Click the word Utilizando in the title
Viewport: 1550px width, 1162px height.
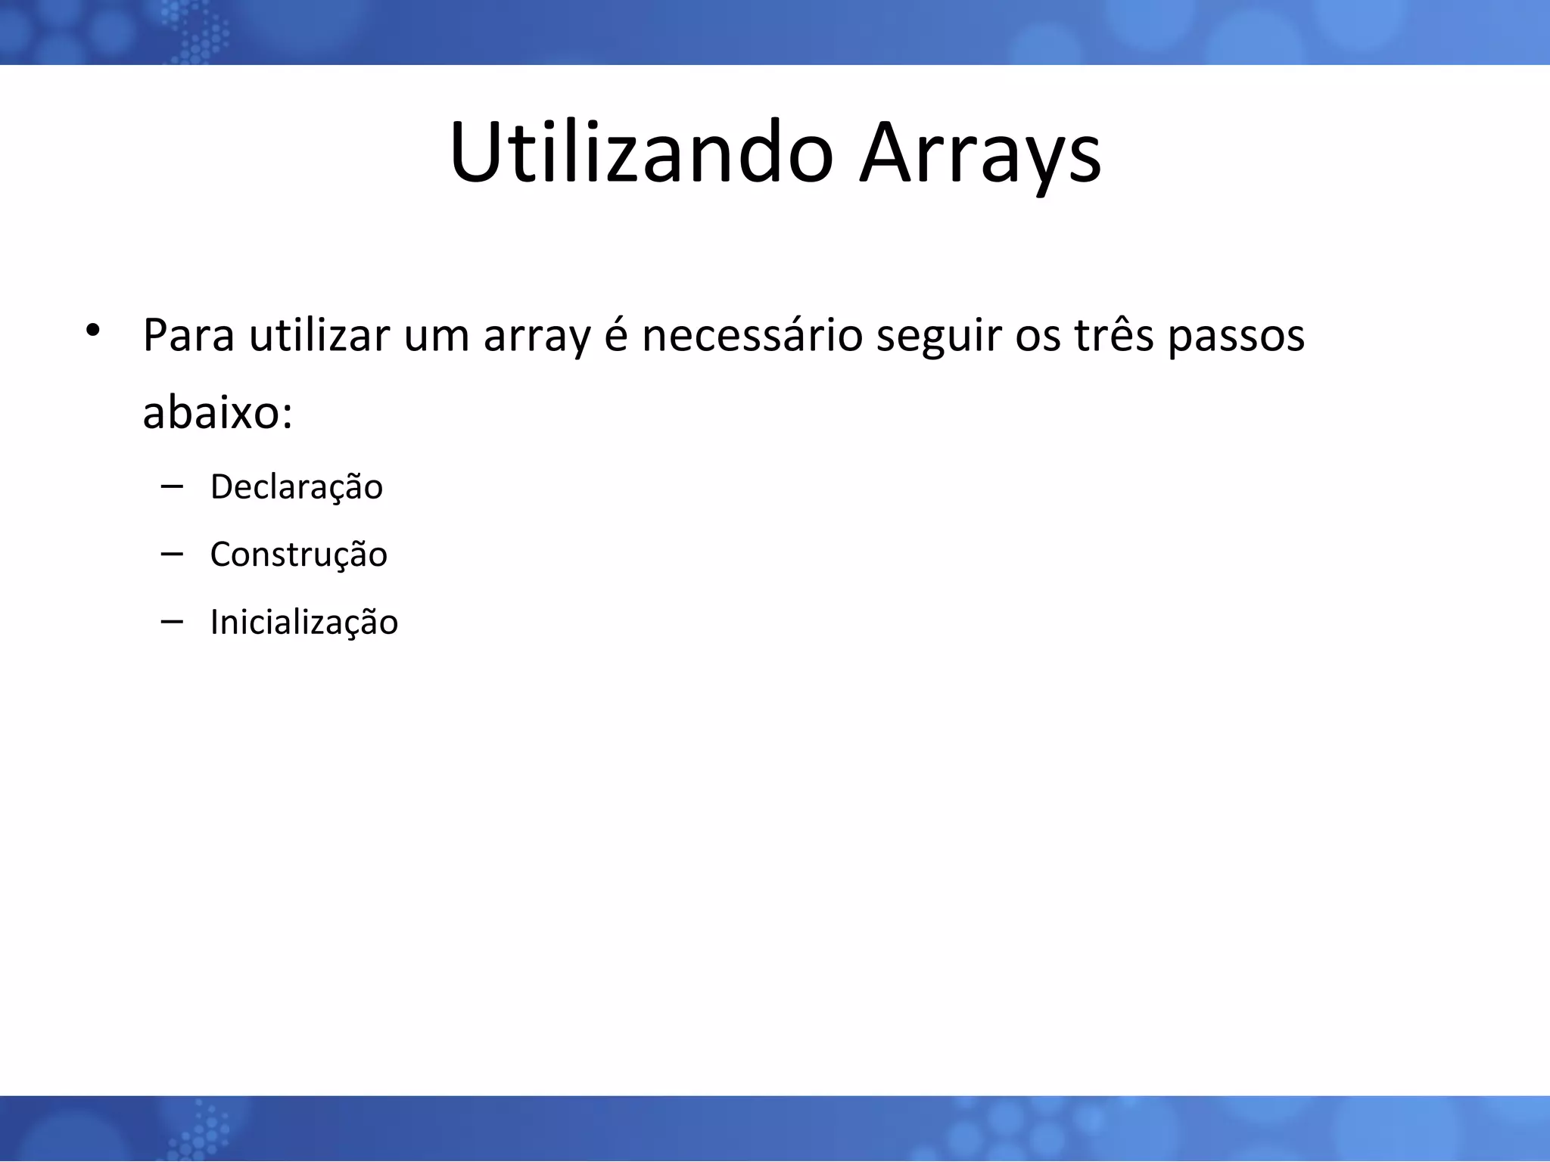(641, 153)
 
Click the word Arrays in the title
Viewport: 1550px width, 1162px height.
(980, 153)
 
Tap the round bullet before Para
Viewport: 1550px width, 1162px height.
(92, 331)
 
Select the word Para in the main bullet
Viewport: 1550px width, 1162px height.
(188, 335)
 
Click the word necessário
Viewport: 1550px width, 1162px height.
(752, 335)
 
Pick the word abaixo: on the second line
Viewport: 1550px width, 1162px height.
(218, 413)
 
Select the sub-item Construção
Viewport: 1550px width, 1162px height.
(299, 555)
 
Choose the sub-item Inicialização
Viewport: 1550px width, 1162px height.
(304, 623)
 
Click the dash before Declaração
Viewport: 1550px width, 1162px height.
(172, 486)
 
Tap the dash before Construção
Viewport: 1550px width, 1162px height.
(172, 555)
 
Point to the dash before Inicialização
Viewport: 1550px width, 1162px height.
(172, 622)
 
